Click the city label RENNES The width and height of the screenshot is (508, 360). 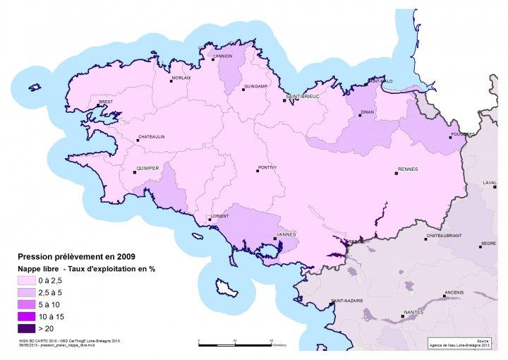point(409,169)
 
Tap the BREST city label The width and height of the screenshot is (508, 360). point(106,102)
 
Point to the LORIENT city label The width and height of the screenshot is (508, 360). point(221,216)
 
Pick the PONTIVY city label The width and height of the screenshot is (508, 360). point(267,167)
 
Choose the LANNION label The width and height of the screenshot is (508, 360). point(224,56)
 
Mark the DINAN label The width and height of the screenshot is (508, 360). point(367,111)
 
